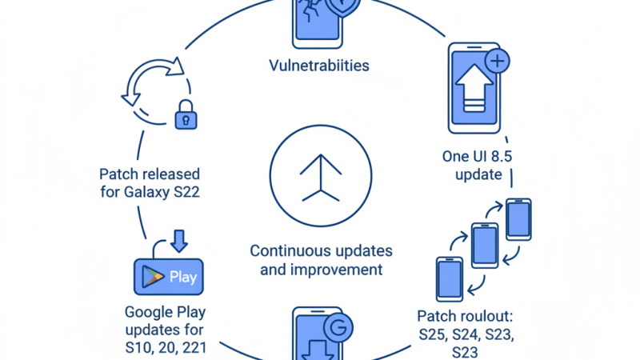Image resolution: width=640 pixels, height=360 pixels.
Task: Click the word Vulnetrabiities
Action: [x=319, y=66]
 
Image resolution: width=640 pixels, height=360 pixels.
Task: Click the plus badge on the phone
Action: [x=498, y=61]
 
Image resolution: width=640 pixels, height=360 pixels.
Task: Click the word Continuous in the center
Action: [x=287, y=250]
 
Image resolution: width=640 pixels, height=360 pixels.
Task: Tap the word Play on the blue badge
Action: [x=183, y=278]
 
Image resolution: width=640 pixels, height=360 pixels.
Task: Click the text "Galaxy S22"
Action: [x=166, y=193]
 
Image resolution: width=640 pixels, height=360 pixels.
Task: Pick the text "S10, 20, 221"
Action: [x=166, y=348]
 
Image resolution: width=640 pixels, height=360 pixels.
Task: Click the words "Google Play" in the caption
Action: [x=165, y=311]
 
